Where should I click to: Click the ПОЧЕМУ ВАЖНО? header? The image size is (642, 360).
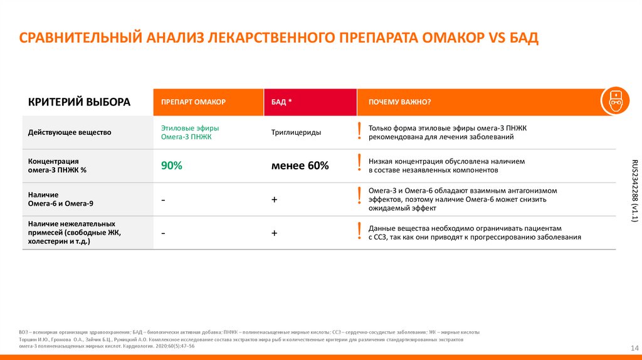[x=399, y=102]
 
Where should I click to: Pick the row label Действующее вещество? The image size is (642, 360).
[x=70, y=132]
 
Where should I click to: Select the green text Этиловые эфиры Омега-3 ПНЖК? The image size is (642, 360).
[x=186, y=132]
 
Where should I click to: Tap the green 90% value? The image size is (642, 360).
[x=171, y=166]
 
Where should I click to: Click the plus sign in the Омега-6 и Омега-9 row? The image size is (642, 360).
[x=275, y=199]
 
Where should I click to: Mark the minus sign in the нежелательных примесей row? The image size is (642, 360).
[x=163, y=233]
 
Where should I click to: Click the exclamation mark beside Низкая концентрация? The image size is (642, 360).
[x=359, y=164]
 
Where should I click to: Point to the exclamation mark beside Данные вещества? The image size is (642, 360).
[x=359, y=231]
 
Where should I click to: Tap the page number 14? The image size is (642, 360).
[x=633, y=348]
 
